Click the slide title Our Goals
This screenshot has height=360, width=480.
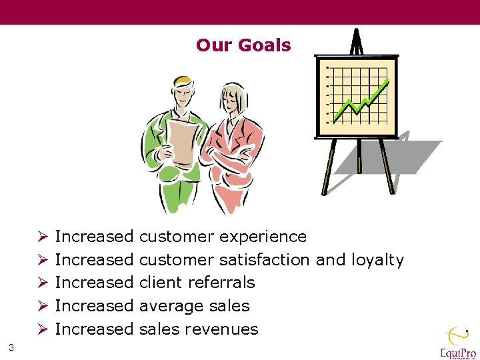(x=243, y=45)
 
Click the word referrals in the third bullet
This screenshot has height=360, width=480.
(x=221, y=283)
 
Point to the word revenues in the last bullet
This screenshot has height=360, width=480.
(x=221, y=329)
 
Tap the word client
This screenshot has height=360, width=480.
(x=161, y=283)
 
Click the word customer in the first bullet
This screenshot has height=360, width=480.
(x=177, y=237)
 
